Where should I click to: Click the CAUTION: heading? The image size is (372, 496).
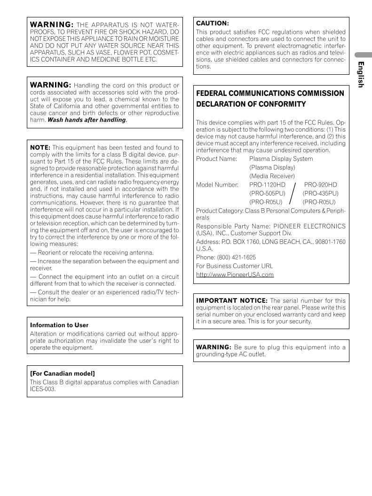[x=213, y=23]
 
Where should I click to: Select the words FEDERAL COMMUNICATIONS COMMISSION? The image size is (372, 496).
[x=270, y=93]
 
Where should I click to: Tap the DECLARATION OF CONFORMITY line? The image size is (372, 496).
[x=251, y=104]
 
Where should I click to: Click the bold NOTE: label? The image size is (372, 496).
[x=40, y=148]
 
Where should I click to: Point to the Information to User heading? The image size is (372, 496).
[x=59, y=325]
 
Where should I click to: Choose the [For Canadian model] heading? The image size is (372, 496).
[x=63, y=373]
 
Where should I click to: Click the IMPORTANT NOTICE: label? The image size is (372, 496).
[x=231, y=300]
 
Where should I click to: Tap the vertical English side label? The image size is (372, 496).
[x=361, y=74]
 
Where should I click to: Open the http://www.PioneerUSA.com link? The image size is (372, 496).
[x=235, y=275]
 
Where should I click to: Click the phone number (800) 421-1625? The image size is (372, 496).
[x=236, y=257]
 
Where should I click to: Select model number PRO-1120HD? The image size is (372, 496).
[x=267, y=185]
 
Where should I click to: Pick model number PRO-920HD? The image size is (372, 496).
[x=320, y=185]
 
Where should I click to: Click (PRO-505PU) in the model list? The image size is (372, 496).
[x=267, y=193]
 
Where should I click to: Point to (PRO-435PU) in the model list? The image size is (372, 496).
[x=320, y=193]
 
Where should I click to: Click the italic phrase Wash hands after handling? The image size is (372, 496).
[x=87, y=120]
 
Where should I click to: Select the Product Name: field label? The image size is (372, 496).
[x=217, y=159]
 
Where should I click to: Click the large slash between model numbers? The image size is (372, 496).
[x=293, y=193]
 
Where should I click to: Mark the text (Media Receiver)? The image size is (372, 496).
[x=272, y=176]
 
